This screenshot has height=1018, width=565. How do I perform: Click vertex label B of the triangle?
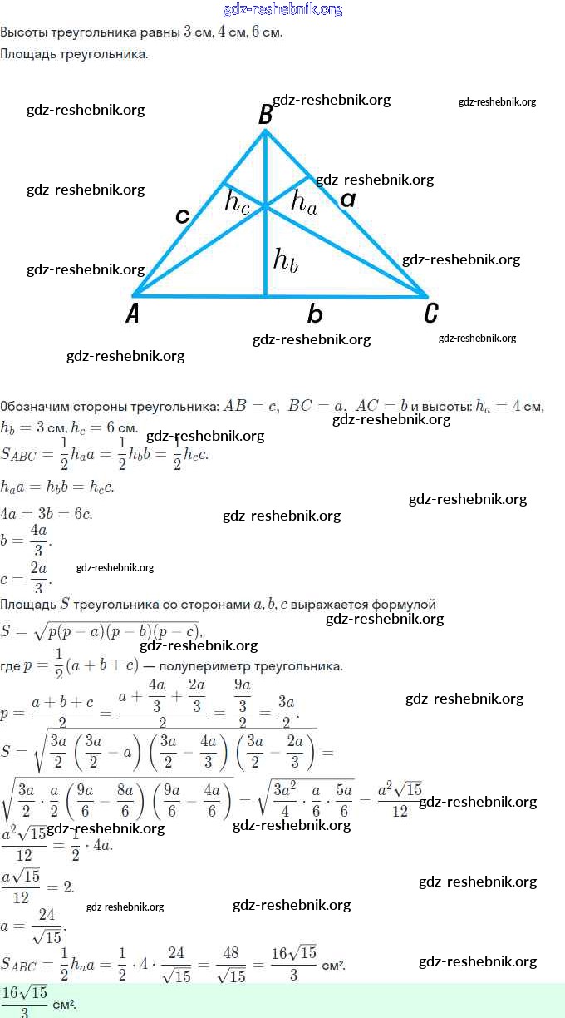[x=265, y=115]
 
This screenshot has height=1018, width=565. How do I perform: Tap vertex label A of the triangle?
[x=133, y=313]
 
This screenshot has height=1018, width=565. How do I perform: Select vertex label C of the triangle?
[x=430, y=313]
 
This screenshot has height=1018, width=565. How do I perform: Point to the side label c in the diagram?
[x=183, y=216]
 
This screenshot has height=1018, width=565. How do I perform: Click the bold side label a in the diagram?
[x=348, y=199]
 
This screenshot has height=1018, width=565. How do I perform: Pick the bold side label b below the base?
[x=314, y=314]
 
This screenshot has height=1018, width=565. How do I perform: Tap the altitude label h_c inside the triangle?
[x=238, y=202]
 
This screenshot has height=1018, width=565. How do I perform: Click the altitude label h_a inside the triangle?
[x=303, y=202]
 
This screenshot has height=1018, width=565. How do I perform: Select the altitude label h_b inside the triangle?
[x=285, y=259]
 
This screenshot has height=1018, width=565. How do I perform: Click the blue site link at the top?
[x=282, y=9]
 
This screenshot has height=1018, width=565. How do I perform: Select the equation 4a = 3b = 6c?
[x=47, y=513]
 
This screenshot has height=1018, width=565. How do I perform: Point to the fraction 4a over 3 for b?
[x=38, y=540]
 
